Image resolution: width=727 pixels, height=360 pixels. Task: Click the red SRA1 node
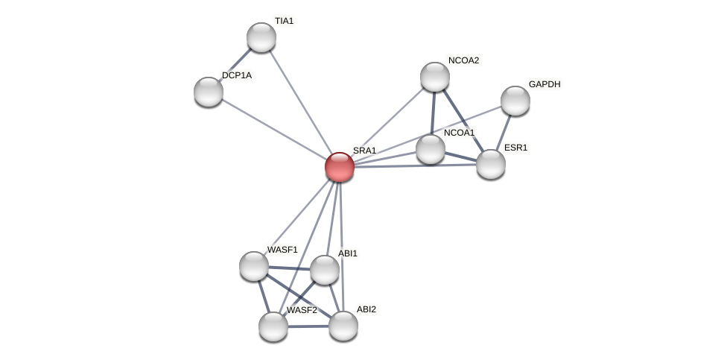point(340,167)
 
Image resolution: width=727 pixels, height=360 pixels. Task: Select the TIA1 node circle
point(261,37)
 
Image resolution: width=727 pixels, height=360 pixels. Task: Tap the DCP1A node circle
point(209,92)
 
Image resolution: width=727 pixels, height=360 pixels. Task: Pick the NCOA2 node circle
point(435,77)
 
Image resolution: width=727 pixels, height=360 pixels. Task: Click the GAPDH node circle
point(515,101)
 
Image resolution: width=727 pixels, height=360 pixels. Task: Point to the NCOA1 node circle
point(431,149)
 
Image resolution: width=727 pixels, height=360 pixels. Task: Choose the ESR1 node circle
point(491,164)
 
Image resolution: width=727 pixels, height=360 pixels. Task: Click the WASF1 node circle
point(254,266)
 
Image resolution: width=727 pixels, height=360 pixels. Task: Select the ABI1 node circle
point(325,270)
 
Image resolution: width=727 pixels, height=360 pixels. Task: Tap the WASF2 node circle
point(273,326)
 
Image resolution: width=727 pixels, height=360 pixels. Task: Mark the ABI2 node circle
point(343,326)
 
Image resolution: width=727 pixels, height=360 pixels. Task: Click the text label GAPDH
point(544,84)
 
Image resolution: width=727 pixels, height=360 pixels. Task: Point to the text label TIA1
point(284,21)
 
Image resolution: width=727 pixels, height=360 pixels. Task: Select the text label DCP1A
point(237,75)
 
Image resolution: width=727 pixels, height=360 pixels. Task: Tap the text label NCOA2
point(463,60)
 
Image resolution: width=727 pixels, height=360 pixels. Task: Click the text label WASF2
point(302,310)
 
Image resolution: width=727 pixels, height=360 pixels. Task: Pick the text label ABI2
point(366,309)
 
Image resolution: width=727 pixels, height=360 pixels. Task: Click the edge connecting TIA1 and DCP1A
point(235,65)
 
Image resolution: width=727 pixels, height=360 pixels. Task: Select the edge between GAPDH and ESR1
point(504,131)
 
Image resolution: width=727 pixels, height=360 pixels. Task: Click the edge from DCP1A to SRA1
point(274,130)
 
